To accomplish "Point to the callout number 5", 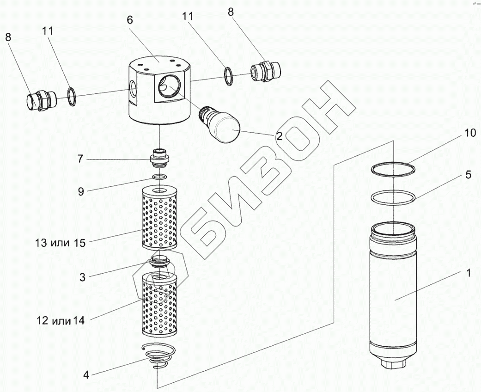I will (x=469, y=175).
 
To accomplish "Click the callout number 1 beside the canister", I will (x=468, y=273).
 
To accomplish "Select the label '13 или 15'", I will (x=60, y=243).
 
